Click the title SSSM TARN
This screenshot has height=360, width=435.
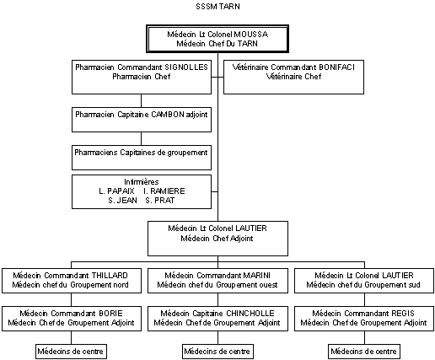(x=217, y=7)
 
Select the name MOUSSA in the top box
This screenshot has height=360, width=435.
(x=251, y=35)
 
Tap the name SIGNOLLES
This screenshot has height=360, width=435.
(x=186, y=67)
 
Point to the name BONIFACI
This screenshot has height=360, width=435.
(x=336, y=67)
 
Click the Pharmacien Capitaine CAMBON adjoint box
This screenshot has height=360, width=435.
(x=142, y=120)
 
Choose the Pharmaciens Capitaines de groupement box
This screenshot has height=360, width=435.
(x=142, y=158)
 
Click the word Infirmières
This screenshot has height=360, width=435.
(x=142, y=182)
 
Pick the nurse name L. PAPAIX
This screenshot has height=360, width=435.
(x=116, y=191)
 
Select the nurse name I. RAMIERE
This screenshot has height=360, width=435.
(x=164, y=191)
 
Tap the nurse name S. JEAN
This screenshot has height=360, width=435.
(x=123, y=201)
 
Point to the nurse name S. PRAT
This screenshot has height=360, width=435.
(x=160, y=201)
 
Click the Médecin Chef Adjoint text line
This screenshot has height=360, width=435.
(x=217, y=239)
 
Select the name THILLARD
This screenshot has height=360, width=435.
(x=110, y=276)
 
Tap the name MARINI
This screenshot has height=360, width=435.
(x=257, y=276)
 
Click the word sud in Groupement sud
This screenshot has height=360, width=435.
(x=414, y=285)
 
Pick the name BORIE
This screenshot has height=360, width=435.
(x=110, y=314)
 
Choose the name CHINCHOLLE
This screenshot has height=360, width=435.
(x=250, y=314)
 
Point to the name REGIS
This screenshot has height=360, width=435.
(x=402, y=314)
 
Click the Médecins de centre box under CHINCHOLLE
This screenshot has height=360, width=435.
(x=217, y=352)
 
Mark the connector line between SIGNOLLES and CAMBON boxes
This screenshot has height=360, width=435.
(x=141, y=100)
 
